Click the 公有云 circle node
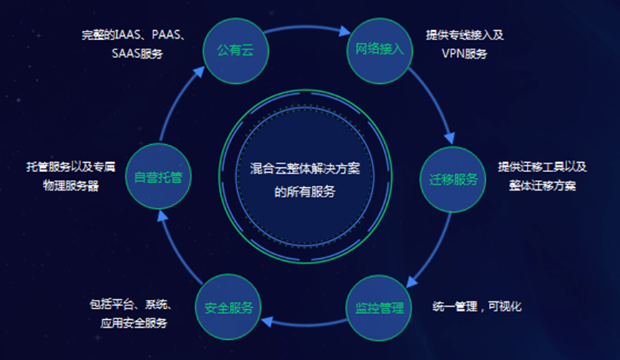pos(236,51)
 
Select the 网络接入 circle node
pos(380,51)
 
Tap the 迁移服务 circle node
pos(453,179)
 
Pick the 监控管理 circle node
pos(378,308)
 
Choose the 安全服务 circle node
pos(228,307)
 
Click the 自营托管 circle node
pos(158,176)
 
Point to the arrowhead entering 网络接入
pos(344,31)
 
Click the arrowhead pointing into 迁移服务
pos(449,138)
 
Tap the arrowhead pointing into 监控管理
pos(411,281)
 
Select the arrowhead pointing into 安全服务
pos(267,321)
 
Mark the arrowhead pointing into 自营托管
pos(163,216)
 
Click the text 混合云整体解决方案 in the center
pos(305,169)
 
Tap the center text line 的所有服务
pos(305,192)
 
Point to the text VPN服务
pos(464,53)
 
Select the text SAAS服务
pos(137,53)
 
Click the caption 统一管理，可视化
pos(477,306)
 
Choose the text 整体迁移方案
pos(543,186)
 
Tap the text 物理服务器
pos(71,186)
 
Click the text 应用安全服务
pos(133,323)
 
